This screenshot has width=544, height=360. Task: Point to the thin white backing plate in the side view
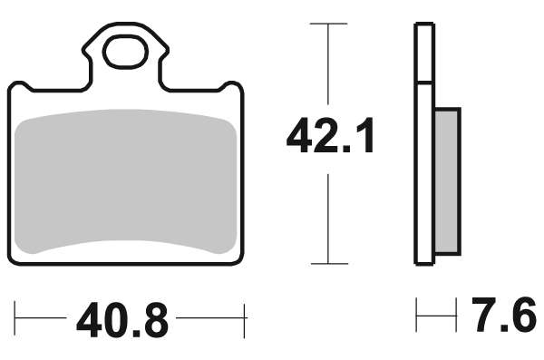click(x=422, y=145)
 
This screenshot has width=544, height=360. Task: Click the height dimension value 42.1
click(x=330, y=137)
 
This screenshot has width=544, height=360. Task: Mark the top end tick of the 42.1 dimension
click(x=328, y=24)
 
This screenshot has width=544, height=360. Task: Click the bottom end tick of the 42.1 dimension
click(x=328, y=264)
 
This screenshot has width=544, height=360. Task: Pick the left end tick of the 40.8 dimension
click(x=16, y=320)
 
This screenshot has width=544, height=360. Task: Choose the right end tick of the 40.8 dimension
click(x=246, y=320)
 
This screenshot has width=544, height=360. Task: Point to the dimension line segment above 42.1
click(x=328, y=63)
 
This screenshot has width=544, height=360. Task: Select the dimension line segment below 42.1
click(x=328, y=218)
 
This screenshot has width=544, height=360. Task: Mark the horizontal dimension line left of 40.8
click(x=44, y=320)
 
